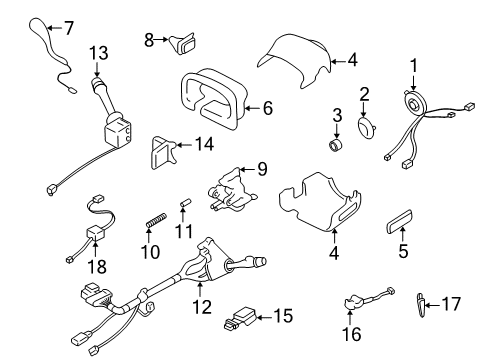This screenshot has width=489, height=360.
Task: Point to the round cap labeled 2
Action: coord(367,129)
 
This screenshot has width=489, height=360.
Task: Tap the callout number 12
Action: coord(205,302)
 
